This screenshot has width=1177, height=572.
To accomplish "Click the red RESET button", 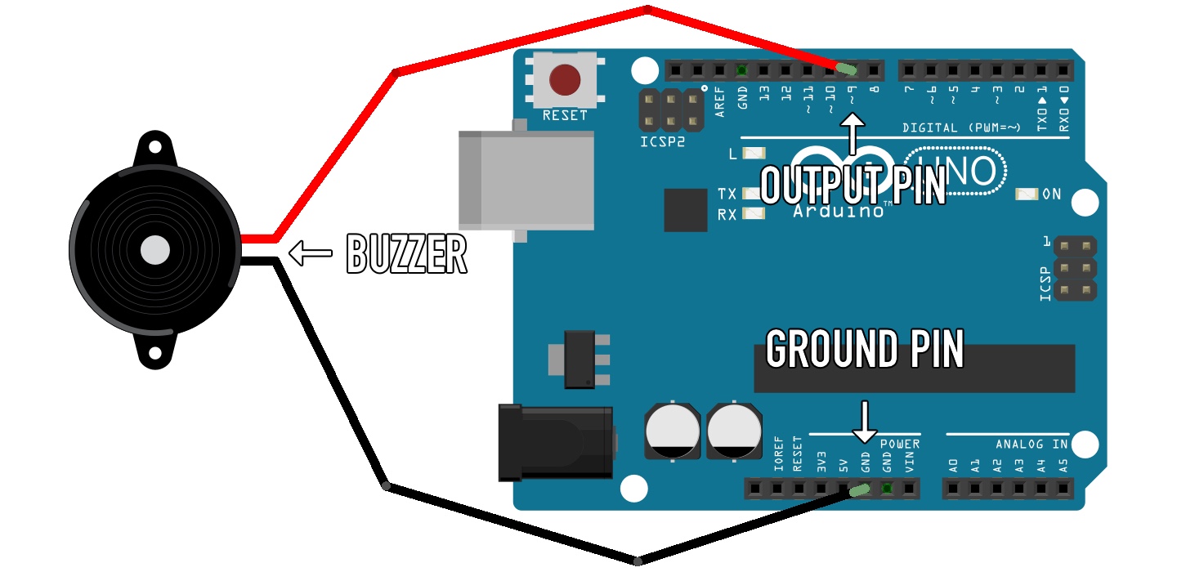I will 565,80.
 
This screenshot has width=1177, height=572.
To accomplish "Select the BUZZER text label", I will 406,254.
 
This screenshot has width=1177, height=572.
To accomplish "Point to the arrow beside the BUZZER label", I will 311,254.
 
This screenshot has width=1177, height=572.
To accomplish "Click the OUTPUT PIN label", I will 853,185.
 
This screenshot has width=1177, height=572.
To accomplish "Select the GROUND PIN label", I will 865,350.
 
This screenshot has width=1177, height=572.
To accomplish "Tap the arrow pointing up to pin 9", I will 853,134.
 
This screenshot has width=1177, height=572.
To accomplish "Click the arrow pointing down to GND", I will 865,421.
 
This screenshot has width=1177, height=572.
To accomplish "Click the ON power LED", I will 1026,194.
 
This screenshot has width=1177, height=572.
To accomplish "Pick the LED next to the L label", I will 755,154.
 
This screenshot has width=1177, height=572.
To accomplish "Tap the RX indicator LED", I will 753,215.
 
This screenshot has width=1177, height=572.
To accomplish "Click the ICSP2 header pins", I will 670,111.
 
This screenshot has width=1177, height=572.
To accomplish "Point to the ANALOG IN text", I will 1032,445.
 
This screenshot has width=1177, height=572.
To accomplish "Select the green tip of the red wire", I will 847,69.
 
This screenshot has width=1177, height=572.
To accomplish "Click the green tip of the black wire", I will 858,490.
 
